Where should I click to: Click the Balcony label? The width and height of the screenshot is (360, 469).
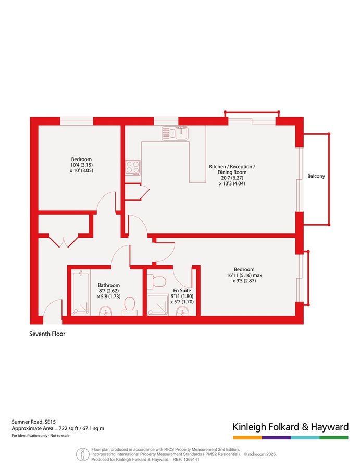316,176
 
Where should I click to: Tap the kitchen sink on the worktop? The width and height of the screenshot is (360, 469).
175,133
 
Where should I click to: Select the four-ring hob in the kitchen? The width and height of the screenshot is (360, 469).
132,167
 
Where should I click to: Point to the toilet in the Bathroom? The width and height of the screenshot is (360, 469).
130,306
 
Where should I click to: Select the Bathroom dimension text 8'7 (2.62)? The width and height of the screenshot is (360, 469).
109,291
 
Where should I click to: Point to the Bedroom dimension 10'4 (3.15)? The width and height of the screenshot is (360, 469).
81,165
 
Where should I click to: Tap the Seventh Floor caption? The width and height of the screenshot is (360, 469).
47,334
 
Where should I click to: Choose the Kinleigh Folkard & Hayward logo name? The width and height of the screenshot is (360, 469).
290,427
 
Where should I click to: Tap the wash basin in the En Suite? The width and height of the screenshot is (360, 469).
181,311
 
